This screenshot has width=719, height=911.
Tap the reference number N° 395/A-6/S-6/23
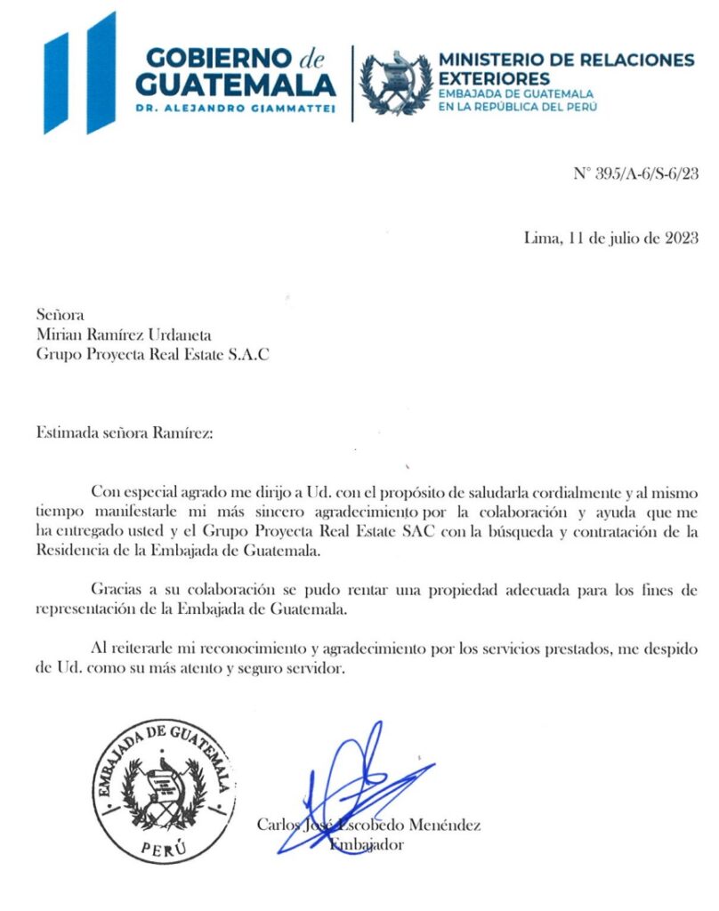click(x=635, y=173)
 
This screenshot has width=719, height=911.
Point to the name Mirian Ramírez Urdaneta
click(x=125, y=335)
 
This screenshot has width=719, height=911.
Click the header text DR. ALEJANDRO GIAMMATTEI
click(x=236, y=108)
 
